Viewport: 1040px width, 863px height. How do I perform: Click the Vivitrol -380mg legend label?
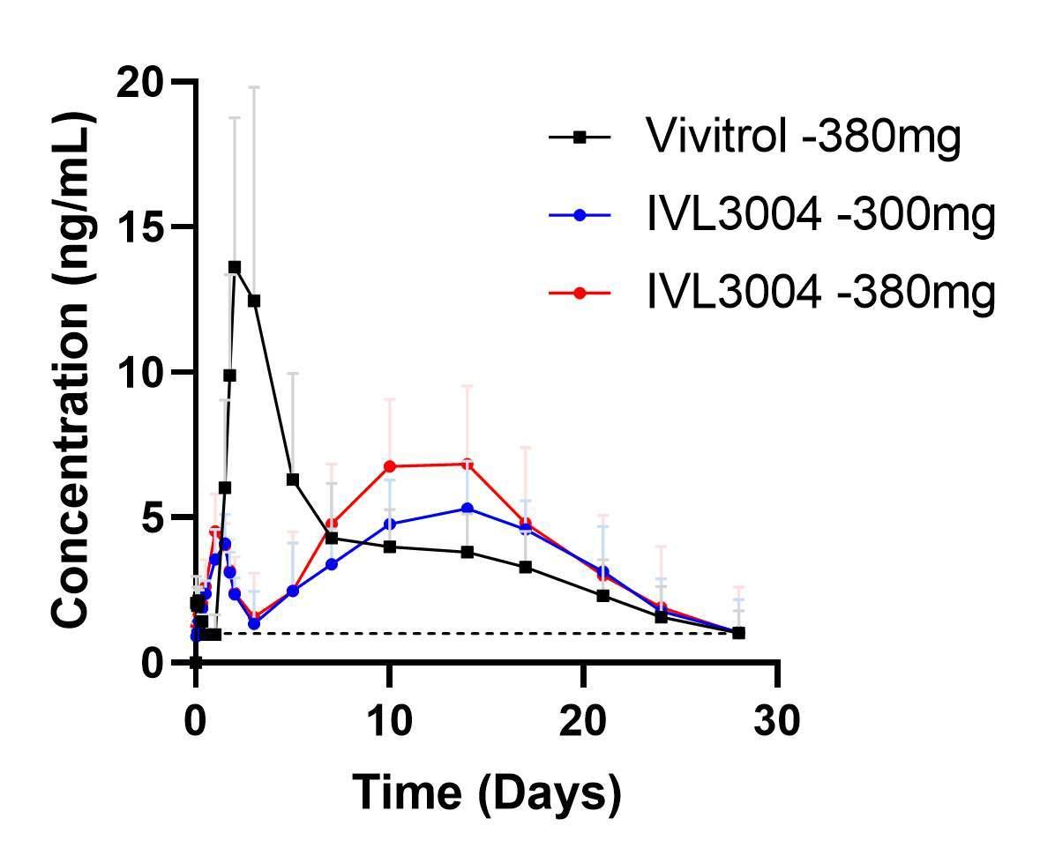pos(801,137)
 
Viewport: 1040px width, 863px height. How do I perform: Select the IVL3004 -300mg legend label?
pos(820,214)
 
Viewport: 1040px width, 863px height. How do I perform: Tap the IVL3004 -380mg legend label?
pos(820,293)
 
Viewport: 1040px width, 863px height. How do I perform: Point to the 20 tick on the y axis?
pos(145,82)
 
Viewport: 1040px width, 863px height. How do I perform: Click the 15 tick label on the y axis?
pos(145,227)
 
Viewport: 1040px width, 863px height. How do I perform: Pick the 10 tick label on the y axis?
pos(145,372)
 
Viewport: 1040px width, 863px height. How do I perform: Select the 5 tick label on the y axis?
pos(157,517)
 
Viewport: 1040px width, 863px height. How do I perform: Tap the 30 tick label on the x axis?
pos(777,721)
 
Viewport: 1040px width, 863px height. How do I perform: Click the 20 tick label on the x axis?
pos(583,721)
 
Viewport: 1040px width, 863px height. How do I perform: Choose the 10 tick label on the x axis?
pos(389,721)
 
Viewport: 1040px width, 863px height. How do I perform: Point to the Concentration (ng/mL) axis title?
pos(72,370)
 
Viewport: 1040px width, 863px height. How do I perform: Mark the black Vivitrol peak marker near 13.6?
pos(235,266)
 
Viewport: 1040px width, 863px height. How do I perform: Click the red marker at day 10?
pos(389,466)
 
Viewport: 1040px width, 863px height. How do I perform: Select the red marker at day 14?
pos(468,464)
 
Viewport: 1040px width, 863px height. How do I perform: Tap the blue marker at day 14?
pos(468,509)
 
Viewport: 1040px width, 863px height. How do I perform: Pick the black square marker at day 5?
pos(293,480)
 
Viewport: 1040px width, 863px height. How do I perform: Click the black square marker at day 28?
pos(739,633)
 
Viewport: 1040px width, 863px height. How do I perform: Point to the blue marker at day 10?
pos(389,524)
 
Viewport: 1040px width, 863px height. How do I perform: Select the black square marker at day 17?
pos(526,567)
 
